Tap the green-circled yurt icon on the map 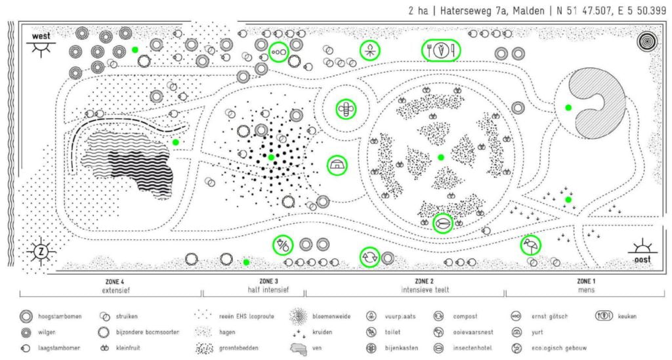click(x=338, y=165)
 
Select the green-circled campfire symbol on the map click(x=371, y=50)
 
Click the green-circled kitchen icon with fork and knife click(x=441, y=50)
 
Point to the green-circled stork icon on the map click(x=530, y=246)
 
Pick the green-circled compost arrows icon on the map click(x=369, y=256)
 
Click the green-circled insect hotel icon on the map click(x=443, y=224)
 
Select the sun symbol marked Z click(x=41, y=252)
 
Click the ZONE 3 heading click(x=253, y=281)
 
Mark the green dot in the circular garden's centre click(x=441, y=157)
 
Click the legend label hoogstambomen click(x=60, y=316)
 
